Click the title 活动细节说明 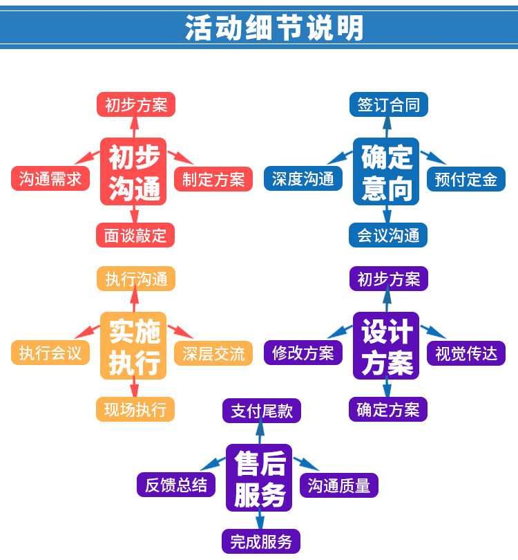click(x=274, y=28)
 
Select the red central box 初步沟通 click(x=134, y=171)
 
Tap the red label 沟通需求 click(x=50, y=179)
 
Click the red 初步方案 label click(x=135, y=105)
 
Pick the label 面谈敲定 click(x=135, y=235)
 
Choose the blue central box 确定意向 click(x=386, y=171)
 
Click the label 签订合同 click(x=388, y=105)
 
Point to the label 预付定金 click(x=466, y=179)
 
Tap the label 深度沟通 click(x=303, y=179)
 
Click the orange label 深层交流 click(x=213, y=353)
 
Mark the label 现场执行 click(x=135, y=409)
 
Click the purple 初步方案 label click(x=388, y=279)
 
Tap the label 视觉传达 click(x=466, y=353)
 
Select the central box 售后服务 click(x=259, y=478)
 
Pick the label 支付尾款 click(x=262, y=411)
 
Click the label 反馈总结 click(x=176, y=485)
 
